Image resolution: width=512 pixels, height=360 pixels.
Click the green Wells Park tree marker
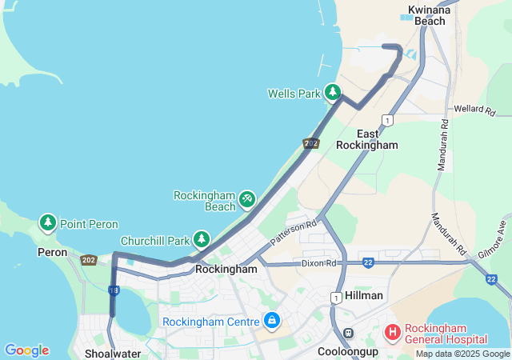[333, 93]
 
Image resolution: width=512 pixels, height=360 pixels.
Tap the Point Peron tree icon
[48, 223]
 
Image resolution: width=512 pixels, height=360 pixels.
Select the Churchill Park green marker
[202, 239]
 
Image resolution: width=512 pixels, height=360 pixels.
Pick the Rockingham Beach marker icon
[248, 196]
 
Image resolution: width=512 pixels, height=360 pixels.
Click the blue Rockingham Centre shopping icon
[272, 321]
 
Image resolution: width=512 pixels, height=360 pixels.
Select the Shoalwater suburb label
[113, 353]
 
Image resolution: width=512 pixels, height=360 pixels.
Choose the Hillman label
[364, 295]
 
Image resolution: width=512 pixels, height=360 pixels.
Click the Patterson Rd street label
[294, 232]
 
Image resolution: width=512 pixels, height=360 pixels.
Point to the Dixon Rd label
[321, 262]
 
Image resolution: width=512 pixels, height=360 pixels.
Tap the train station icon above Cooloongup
[348, 333]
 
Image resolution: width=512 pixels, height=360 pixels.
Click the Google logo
[26, 350]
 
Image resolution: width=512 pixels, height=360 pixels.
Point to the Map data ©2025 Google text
[462, 354]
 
